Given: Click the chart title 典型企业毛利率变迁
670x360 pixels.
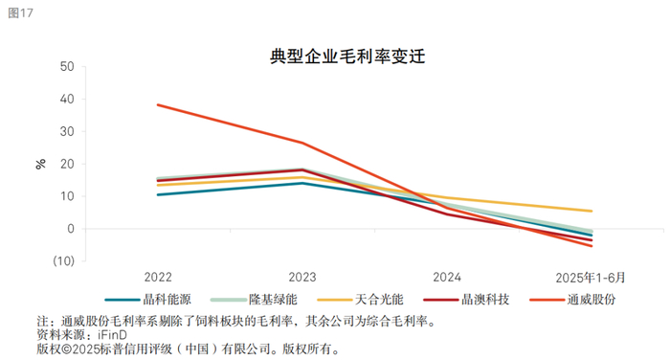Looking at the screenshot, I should pyautogui.click(x=334, y=56).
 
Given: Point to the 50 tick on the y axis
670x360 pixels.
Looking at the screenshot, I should pyautogui.click(x=67, y=67).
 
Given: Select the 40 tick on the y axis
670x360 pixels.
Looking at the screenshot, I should pyautogui.click(x=67, y=100).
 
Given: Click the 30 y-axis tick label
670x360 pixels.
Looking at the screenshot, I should pyautogui.click(x=67, y=132).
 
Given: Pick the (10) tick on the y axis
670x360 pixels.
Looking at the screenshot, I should pyautogui.click(x=63, y=261).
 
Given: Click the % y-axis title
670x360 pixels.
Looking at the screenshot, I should pyautogui.click(x=40, y=164).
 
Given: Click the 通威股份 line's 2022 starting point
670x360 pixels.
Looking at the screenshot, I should pyautogui.click(x=158, y=104).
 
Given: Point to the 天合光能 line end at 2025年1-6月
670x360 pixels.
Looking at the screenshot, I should pyautogui.click(x=592, y=211).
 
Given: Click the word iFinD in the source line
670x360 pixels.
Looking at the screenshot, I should pyautogui.click(x=119, y=335).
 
